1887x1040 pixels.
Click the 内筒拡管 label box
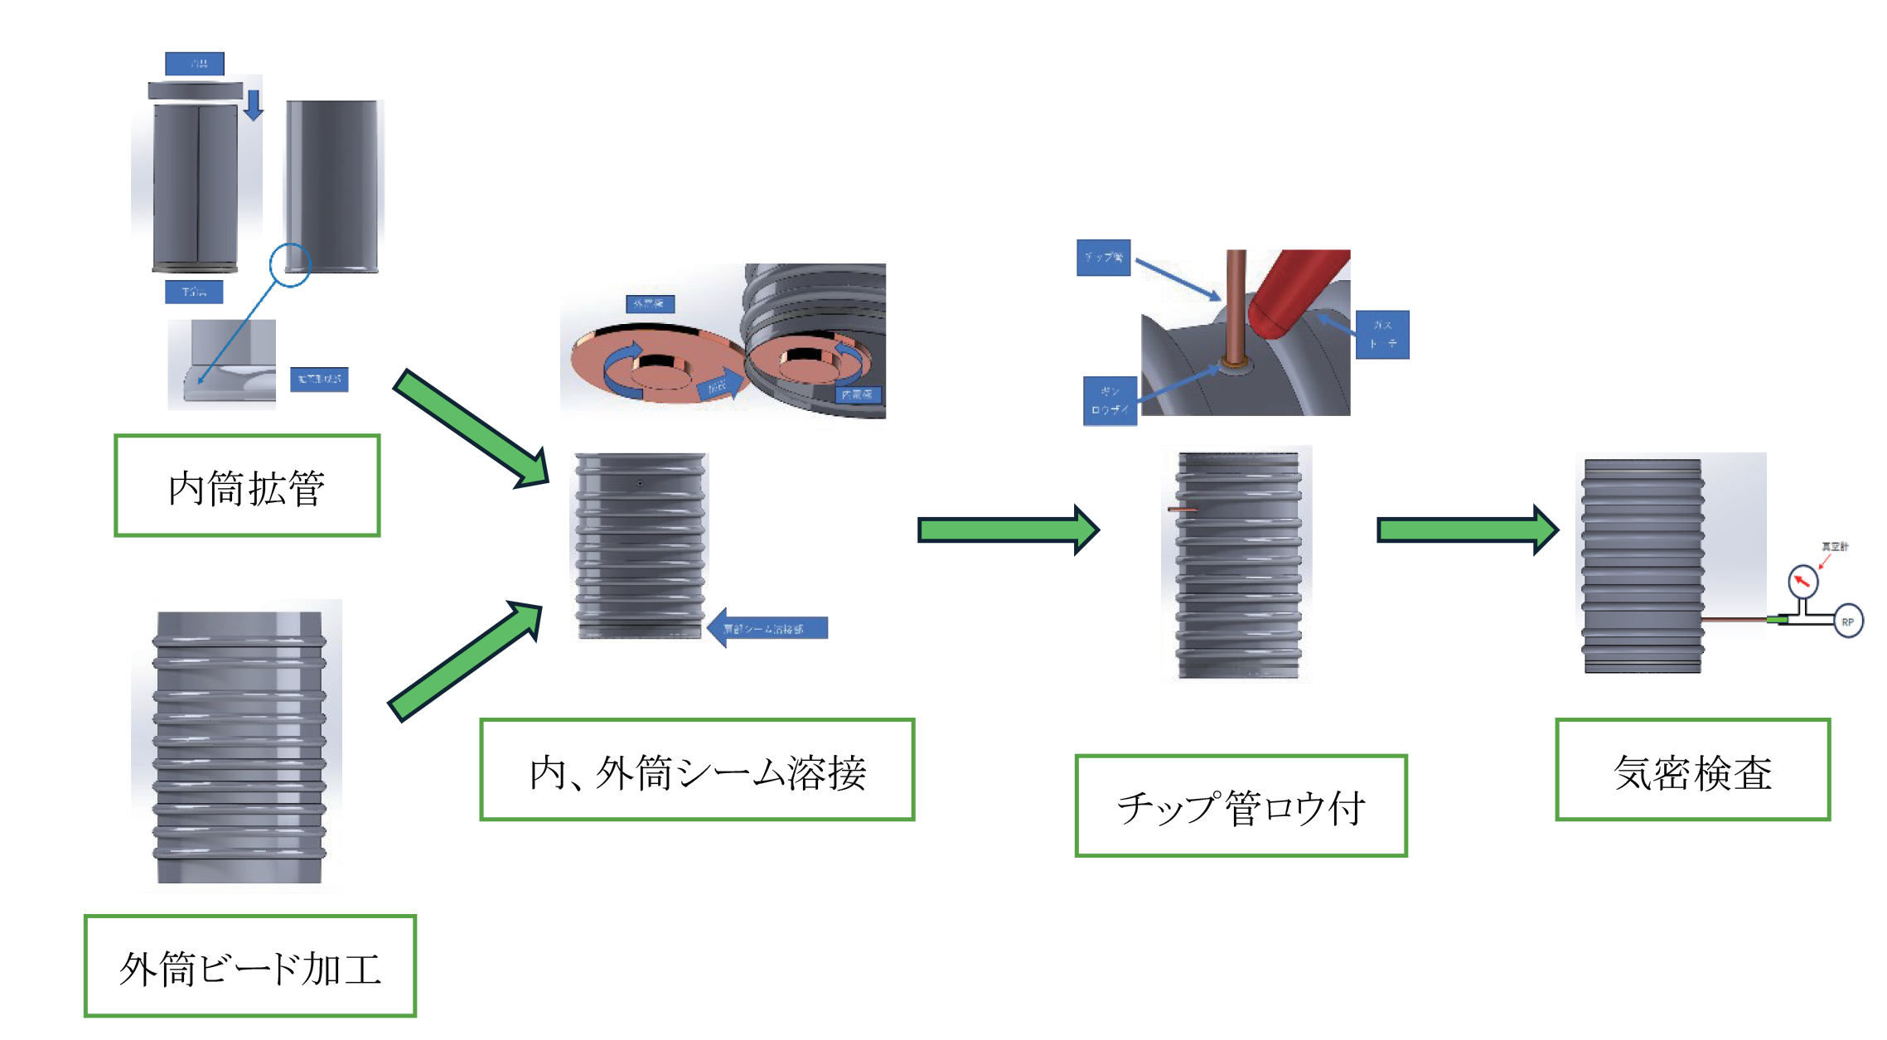tap(247, 486)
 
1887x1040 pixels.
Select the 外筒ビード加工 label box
tap(249, 966)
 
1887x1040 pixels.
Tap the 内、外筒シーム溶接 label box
tap(697, 770)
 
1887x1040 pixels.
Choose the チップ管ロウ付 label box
tap(1241, 805)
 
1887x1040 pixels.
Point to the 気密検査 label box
tap(1692, 770)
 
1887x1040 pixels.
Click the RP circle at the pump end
tap(1847, 622)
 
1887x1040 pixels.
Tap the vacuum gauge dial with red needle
tap(1802, 581)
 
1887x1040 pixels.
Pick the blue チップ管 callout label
tap(1104, 258)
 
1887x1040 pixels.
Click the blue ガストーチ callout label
tap(1382, 335)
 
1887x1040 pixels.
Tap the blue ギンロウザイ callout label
tap(1110, 401)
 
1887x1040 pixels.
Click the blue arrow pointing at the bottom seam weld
tap(767, 628)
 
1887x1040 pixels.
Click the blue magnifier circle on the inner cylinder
tap(290, 265)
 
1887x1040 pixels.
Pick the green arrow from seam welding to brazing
tap(1008, 530)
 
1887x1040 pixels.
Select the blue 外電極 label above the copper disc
tap(650, 304)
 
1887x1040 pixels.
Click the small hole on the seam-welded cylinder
tap(639, 483)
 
